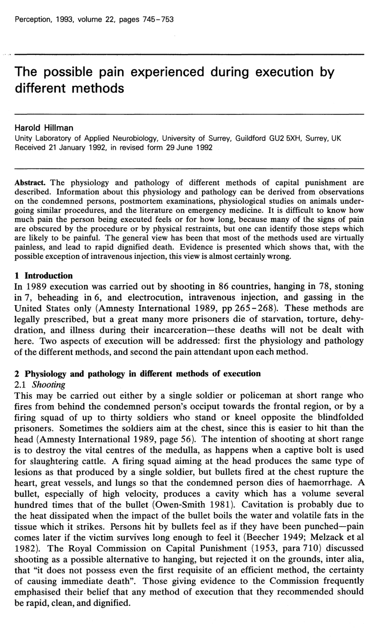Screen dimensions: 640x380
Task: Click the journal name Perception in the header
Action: tap(32, 19)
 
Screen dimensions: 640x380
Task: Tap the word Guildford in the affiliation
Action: tap(250, 139)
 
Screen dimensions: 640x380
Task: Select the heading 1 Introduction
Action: tap(44, 275)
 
